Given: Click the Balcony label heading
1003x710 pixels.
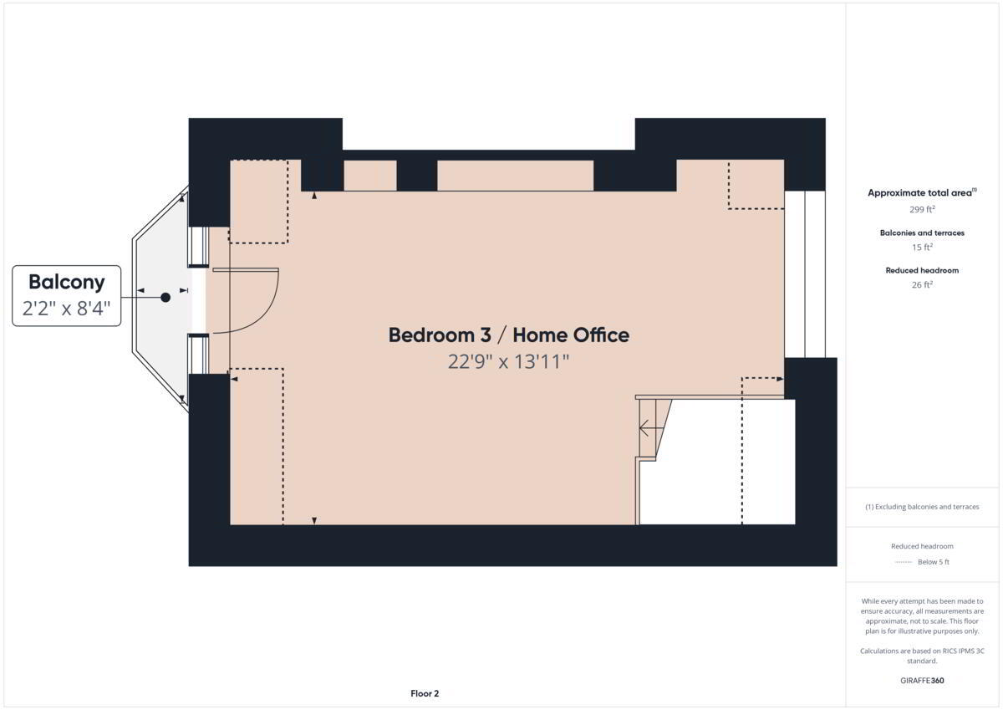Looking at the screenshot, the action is (x=67, y=282).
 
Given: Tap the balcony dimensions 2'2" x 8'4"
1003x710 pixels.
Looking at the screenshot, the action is (x=66, y=309).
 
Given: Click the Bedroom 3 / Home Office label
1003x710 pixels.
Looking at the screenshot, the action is (x=509, y=335).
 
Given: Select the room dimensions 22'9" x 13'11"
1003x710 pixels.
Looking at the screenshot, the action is (x=508, y=361).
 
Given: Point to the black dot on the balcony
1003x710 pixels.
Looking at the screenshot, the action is (x=165, y=297).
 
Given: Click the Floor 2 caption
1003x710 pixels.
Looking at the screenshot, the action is (x=425, y=693).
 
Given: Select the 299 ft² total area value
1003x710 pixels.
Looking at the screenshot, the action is (x=922, y=209).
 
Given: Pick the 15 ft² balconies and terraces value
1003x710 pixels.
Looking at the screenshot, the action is (x=922, y=247).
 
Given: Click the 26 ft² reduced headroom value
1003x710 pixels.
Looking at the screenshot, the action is (x=922, y=284).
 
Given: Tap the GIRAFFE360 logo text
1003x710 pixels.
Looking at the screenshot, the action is (x=922, y=681).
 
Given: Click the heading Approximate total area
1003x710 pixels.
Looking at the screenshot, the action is (x=922, y=192).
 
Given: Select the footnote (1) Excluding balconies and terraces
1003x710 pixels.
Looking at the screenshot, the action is (x=922, y=507).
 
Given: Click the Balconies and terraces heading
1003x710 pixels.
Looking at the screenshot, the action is (x=922, y=233).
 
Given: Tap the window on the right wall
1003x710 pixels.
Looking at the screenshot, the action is (x=805, y=274).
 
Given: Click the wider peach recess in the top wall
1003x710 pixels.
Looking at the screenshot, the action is (x=516, y=176).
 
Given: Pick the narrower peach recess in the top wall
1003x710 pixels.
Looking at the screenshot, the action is (x=370, y=176).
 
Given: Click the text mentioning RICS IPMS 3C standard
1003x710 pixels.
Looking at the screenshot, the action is (x=922, y=656).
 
